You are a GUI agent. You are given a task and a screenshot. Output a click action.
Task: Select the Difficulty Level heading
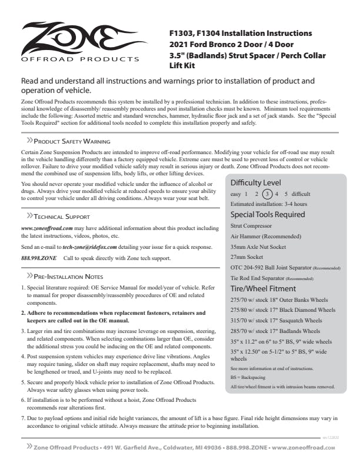pyautogui.click(x=256, y=182)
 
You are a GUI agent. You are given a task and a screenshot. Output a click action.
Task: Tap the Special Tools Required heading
pyautogui.click(x=268, y=214)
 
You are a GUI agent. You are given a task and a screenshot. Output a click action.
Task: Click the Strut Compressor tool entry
pyautogui.click(x=251, y=225)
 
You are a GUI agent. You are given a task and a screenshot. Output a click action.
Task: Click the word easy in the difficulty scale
pyautogui.click(x=236, y=194)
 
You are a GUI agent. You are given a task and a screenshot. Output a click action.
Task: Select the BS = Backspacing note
pyautogui.click(x=248, y=377)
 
